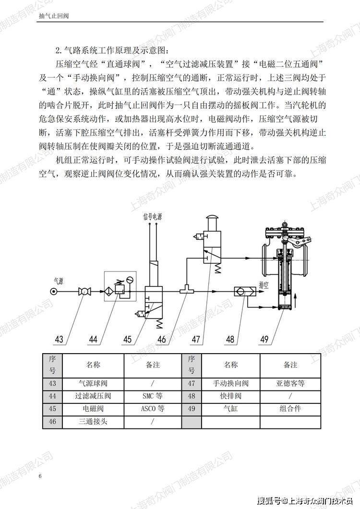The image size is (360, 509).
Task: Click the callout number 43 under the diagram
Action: pos(59,339)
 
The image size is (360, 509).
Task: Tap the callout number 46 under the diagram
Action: pos(161,339)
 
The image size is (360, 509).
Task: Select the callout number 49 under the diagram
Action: pos(264,339)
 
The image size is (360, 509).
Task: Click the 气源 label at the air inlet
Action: pos(58,281)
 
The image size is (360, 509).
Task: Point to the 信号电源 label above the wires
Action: pos(152,216)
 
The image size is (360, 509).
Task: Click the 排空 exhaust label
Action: pos(264,285)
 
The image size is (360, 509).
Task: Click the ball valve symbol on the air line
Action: pos(85,292)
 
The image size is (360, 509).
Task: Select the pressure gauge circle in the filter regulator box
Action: pos(130,279)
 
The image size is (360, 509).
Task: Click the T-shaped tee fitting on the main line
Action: pos(186,290)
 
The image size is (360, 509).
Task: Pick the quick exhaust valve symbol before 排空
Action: pos(245,292)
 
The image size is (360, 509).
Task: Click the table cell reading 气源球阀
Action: pos(93,383)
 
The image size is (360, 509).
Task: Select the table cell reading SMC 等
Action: pos(152,396)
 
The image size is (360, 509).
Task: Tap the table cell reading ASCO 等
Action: pos(152,409)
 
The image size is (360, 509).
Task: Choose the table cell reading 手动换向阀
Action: pos(231,383)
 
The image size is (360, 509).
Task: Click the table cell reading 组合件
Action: pos(290,409)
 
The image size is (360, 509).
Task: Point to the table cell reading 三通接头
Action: pos(93,422)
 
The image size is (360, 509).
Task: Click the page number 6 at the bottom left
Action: pos(40,476)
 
